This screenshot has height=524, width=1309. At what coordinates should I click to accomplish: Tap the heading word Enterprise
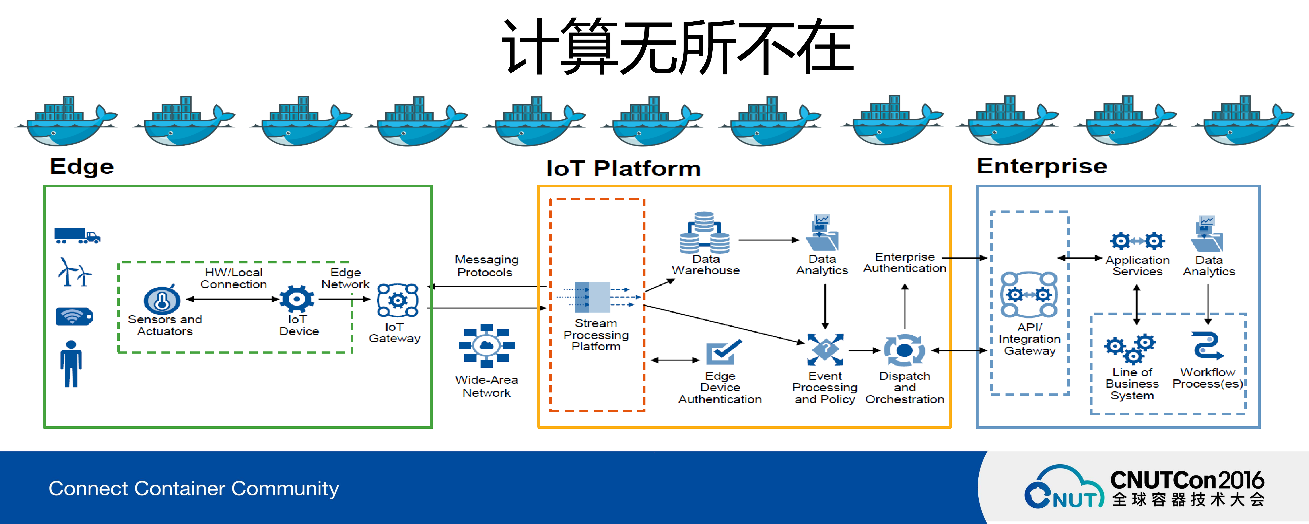coord(1042,166)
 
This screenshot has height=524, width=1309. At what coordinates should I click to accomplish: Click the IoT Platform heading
coord(623,168)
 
